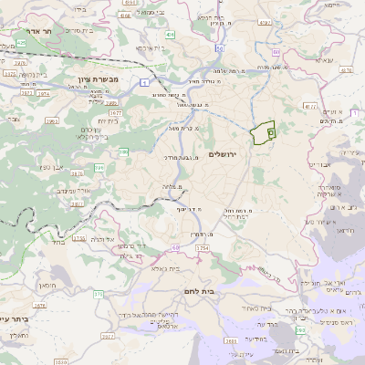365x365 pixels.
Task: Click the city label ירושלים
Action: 222,154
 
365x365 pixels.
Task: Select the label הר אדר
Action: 41,29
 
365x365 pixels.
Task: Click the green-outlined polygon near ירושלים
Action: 264,131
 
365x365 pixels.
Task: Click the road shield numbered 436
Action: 171,35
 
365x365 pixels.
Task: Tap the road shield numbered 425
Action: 20,43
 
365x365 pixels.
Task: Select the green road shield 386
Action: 123,151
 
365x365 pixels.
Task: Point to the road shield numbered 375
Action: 98,294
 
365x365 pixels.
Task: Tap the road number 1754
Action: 203,248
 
